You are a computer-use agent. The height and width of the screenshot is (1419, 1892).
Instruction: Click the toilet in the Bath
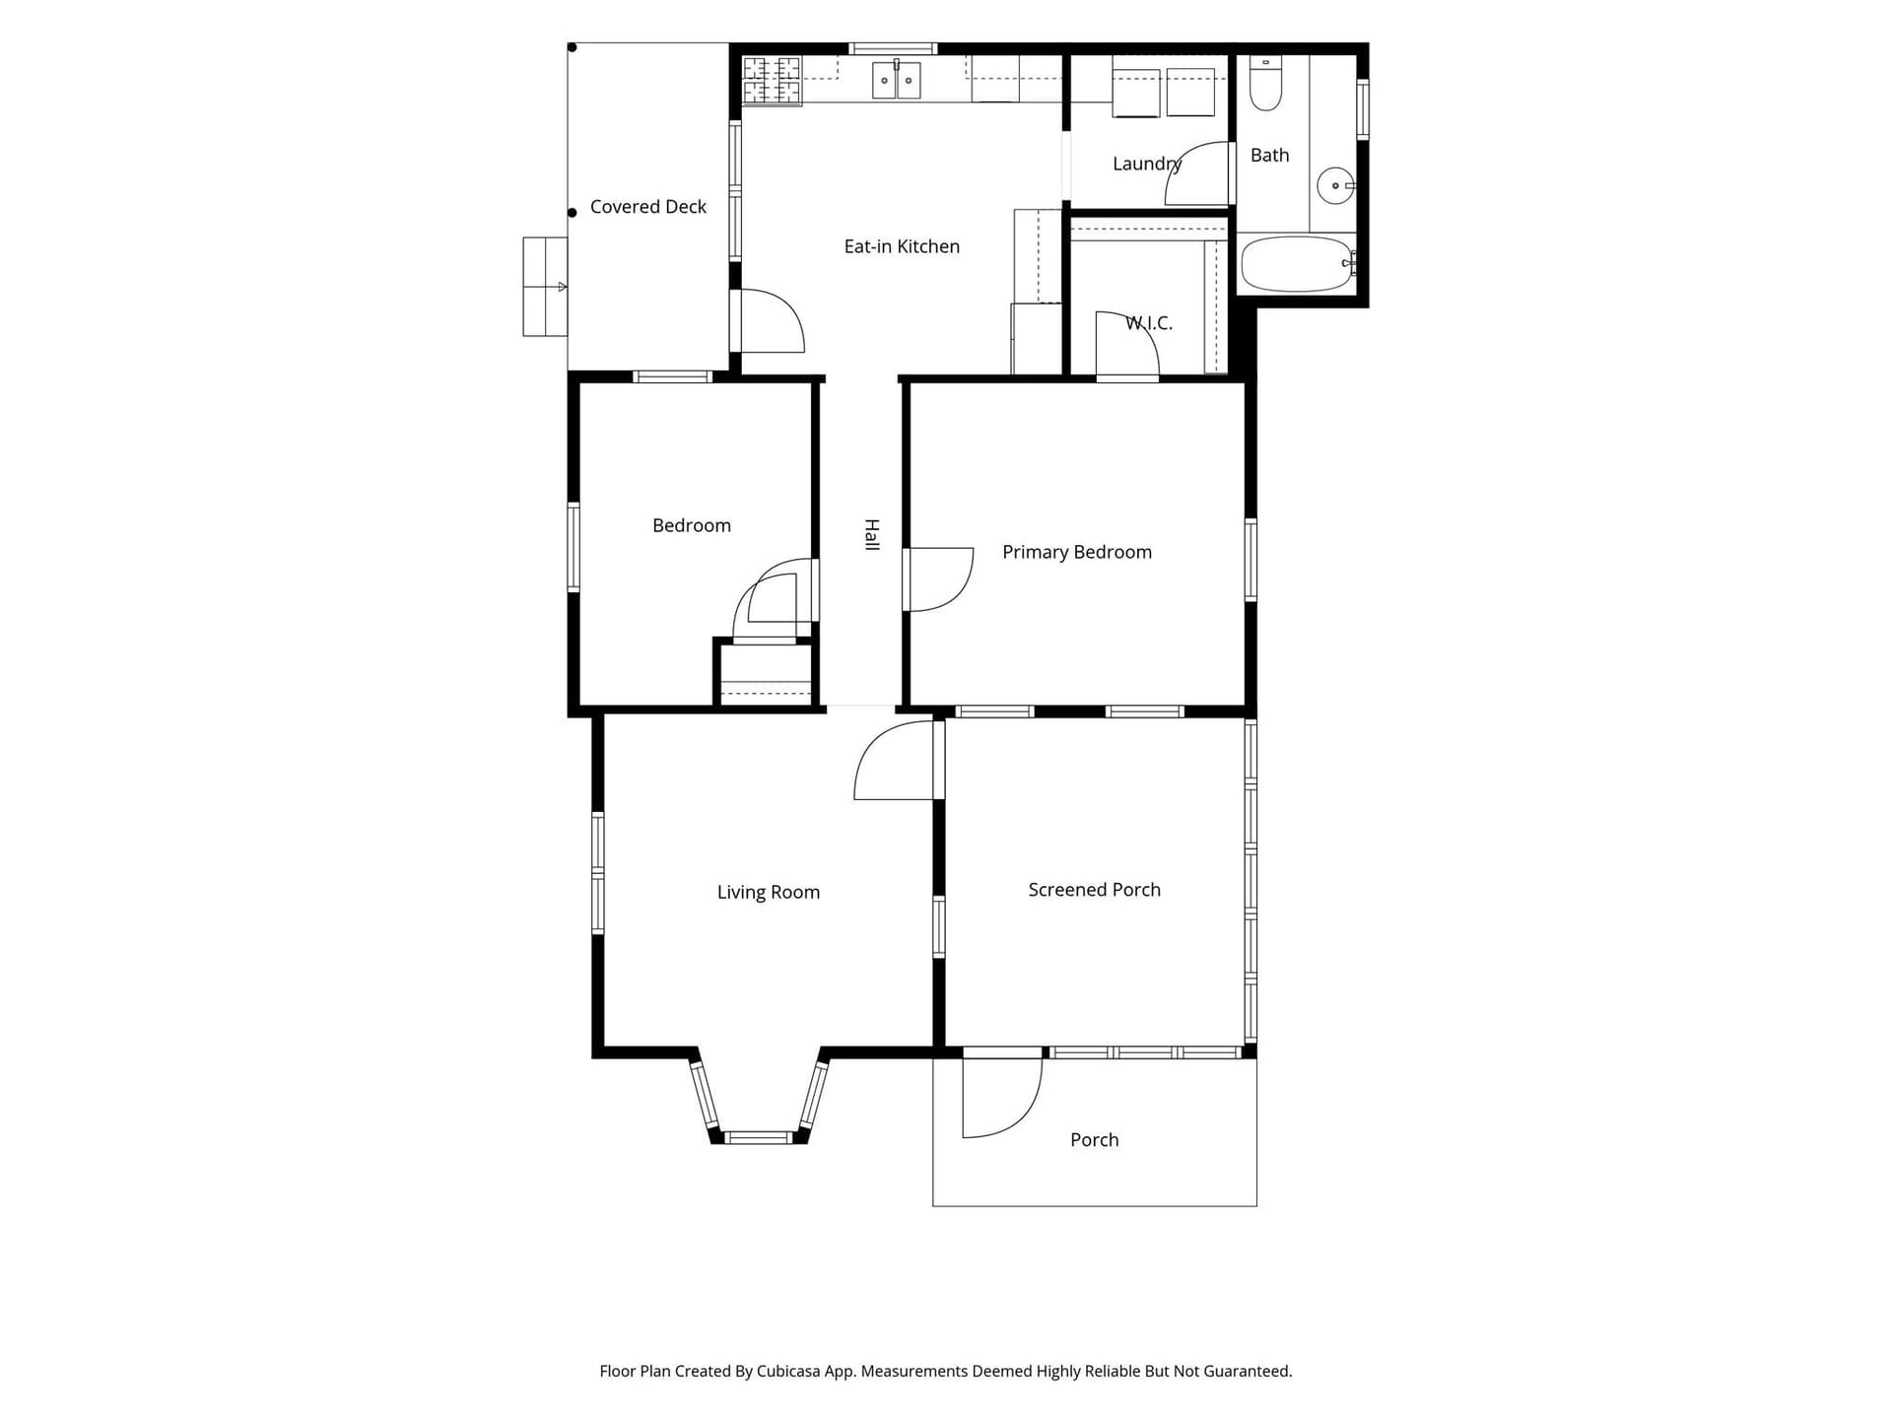click(1265, 84)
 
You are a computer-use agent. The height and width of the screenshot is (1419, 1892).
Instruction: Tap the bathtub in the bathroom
click(1297, 263)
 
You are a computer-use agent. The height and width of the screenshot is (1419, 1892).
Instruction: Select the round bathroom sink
click(1335, 185)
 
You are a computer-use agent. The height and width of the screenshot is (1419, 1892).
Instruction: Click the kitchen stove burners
click(772, 81)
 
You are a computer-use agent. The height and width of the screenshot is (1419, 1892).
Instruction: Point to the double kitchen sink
click(896, 80)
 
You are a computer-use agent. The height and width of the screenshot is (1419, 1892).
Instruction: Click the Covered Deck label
click(648, 207)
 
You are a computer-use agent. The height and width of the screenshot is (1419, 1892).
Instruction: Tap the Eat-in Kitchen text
click(902, 246)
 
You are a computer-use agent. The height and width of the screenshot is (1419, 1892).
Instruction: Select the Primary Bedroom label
click(1077, 552)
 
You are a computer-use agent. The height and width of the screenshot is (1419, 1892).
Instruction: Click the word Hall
click(872, 534)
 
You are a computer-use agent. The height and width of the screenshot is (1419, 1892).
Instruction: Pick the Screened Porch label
click(1095, 890)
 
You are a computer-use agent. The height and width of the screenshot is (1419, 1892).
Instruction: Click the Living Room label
click(769, 892)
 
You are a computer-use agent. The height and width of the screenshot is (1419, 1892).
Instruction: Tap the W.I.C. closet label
click(1149, 323)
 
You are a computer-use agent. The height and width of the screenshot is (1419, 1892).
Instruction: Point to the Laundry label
click(1146, 164)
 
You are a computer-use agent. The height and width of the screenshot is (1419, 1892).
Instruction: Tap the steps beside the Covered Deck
click(545, 287)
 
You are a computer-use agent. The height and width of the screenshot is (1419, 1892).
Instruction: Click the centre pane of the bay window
click(758, 1138)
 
